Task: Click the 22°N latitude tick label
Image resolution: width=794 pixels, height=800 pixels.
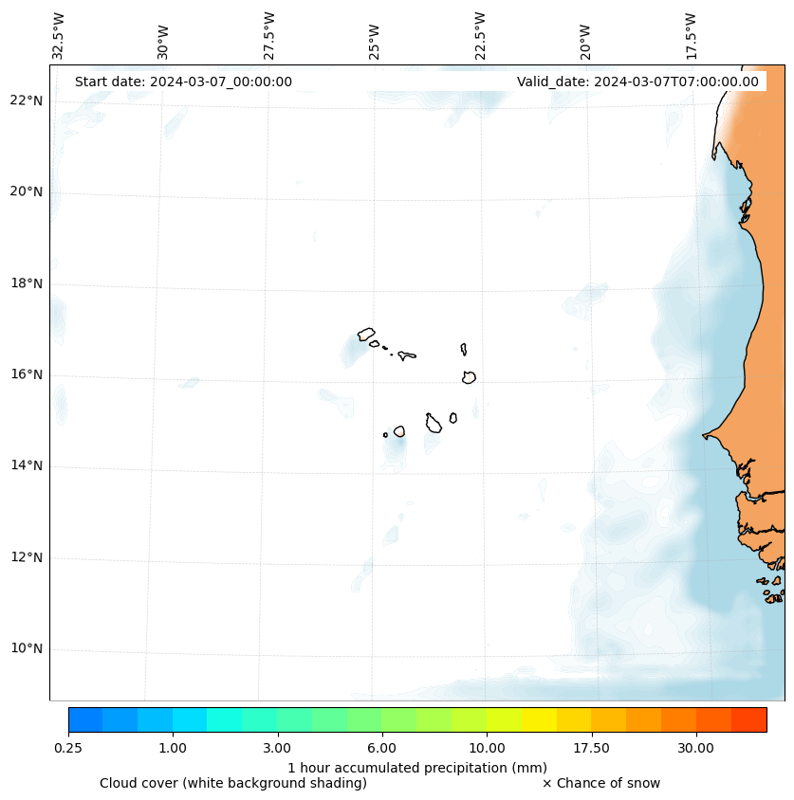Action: pyautogui.click(x=28, y=100)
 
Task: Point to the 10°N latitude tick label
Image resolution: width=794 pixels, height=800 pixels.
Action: pyautogui.click(x=28, y=649)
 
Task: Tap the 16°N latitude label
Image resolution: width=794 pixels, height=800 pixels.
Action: pyautogui.click(x=28, y=374)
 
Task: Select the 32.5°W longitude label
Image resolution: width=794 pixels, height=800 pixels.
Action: pyautogui.click(x=59, y=35)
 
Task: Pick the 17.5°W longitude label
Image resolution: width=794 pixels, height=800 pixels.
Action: pyautogui.click(x=691, y=35)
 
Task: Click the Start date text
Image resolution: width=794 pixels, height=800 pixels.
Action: pyautogui.click(x=183, y=82)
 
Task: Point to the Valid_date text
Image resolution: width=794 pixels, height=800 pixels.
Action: pyautogui.click(x=637, y=82)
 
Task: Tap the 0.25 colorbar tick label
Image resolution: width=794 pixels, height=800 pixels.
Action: pyautogui.click(x=68, y=749)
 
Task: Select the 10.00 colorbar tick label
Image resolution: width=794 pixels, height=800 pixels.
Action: pyautogui.click(x=487, y=749)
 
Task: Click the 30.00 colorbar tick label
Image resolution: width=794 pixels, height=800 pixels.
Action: pyautogui.click(x=696, y=749)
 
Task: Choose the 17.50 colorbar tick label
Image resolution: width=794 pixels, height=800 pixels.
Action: pyautogui.click(x=591, y=749)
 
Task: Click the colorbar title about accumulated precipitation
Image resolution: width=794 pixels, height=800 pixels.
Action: pyautogui.click(x=417, y=768)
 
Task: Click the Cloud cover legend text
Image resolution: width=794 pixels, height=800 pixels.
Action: pyautogui.click(x=233, y=783)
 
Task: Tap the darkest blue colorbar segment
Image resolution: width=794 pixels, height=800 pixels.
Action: pyautogui.click(x=85, y=719)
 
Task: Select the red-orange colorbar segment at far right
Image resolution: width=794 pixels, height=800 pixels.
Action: pyautogui.click(x=748, y=719)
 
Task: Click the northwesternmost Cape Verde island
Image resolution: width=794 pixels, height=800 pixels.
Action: pyautogui.click(x=366, y=334)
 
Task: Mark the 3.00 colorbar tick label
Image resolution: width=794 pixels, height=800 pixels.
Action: pyautogui.click(x=277, y=749)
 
